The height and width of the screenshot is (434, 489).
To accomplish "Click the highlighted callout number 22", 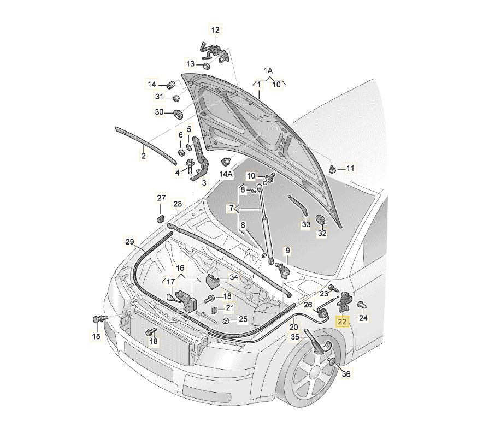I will [x=342, y=321].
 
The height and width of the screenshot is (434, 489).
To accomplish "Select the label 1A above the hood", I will [x=268, y=71].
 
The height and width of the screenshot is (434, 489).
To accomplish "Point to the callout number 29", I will [x=129, y=242].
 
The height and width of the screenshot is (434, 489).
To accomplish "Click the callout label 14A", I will [x=226, y=174].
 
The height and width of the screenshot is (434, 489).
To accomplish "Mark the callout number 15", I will [x=96, y=336].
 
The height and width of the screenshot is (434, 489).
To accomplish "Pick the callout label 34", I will [x=234, y=277].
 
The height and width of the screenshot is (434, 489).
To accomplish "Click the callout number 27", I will [x=161, y=198].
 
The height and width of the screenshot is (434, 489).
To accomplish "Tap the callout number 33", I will [x=306, y=224].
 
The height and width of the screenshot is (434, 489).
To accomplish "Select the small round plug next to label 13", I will [x=207, y=66].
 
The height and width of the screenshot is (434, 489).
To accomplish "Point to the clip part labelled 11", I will [x=332, y=169].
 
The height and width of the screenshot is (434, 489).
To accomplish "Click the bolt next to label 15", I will [x=98, y=318].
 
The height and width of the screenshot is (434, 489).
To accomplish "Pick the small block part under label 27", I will [x=161, y=219].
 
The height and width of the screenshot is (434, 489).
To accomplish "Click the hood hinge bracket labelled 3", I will [x=199, y=161].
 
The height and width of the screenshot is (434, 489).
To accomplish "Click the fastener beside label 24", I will [x=361, y=304].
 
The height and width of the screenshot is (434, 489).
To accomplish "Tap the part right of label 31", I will [x=176, y=98].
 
